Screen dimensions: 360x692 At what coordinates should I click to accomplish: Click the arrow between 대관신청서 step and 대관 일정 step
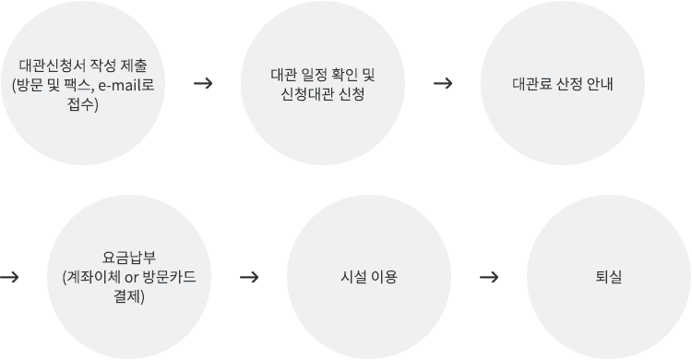[x=204, y=83]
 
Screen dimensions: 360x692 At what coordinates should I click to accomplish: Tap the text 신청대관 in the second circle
[x=307, y=92]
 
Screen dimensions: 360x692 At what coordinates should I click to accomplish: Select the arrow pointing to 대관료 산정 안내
[x=442, y=83]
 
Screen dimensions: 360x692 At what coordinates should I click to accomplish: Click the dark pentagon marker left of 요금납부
[x=8, y=276]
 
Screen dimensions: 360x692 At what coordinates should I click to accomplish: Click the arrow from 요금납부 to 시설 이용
[x=248, y=276]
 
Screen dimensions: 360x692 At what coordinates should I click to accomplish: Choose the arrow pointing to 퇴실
[x=490, y=276]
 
